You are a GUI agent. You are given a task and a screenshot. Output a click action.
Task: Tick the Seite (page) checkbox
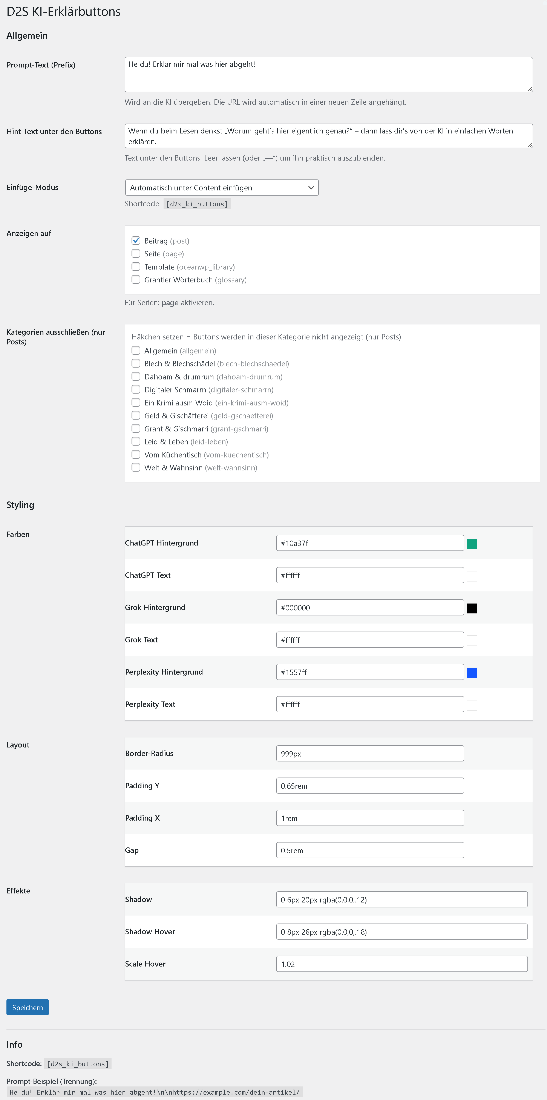[x=136, y=254]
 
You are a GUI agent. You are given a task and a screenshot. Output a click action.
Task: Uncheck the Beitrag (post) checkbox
[x=136, y=241]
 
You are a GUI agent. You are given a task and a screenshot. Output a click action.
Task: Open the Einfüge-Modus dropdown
[x=222, y=187]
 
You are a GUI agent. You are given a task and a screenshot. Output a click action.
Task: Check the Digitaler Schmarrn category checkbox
[x=136, y=389]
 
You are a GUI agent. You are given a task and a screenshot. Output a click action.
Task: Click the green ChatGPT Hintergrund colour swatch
[x=472, y=544]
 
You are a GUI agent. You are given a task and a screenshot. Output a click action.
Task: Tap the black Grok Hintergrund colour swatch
[x=472, y=608]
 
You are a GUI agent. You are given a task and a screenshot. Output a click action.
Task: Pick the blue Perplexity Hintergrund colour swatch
[x=472, y=673]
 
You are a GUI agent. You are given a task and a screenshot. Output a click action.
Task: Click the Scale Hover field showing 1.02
[x=401, y=964]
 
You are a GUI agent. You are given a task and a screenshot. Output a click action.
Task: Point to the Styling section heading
[x=20, y=505]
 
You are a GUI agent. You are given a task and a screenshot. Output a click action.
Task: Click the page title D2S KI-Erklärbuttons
[x=64, y=12]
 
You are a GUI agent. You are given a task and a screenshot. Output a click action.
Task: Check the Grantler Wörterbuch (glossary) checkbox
[x=136, y=280]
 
